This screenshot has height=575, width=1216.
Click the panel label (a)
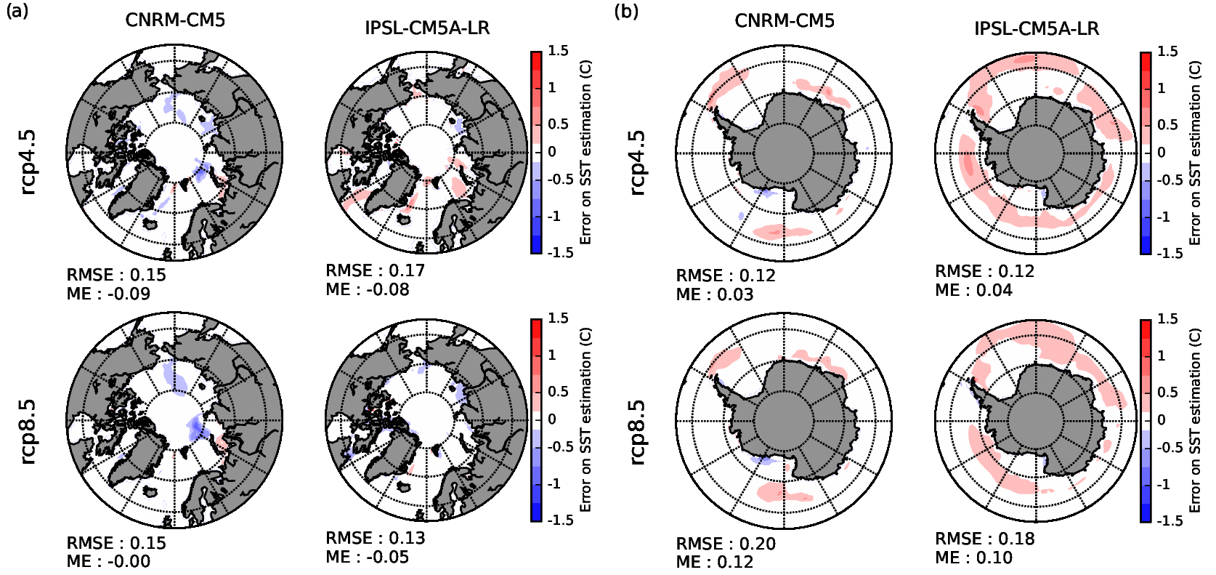point(17,11)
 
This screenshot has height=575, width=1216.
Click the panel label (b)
point(626,11)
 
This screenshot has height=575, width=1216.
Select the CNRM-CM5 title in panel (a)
point(175,20)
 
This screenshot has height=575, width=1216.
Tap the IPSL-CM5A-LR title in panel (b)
point(1036,28)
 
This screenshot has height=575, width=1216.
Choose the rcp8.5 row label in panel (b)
point(637,431)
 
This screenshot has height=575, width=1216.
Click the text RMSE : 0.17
point(375,270)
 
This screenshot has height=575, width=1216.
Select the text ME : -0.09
point(108,294)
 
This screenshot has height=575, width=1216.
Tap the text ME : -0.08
point(367,289)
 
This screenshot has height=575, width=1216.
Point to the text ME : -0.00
point(108,561)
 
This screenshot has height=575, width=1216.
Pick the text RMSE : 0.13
point(375,538)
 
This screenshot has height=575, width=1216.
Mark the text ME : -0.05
point(367,557)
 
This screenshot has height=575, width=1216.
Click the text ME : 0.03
point(714,294)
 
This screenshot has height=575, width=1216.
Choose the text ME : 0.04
point(973,290)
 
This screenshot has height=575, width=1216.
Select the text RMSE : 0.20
point(725,544)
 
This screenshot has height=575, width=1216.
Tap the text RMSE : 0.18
point(984,539)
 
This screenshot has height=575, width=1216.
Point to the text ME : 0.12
point(714,562)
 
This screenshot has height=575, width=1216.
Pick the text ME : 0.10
point(973,558)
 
